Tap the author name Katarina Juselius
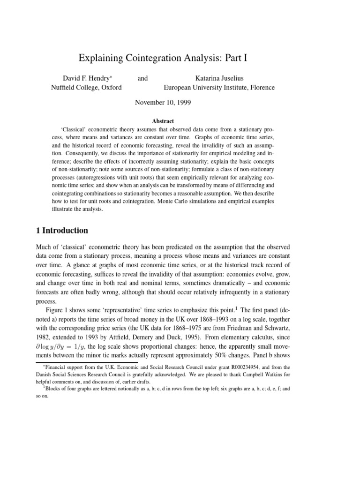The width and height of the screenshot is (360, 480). (x=219, y=78)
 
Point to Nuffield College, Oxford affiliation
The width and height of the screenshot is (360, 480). (x=86, y=87)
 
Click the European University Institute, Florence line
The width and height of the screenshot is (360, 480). (x=219, y=87)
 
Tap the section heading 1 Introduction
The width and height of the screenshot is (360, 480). (x=62, y=230)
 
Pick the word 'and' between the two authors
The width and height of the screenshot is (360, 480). (x=142, y=78)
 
